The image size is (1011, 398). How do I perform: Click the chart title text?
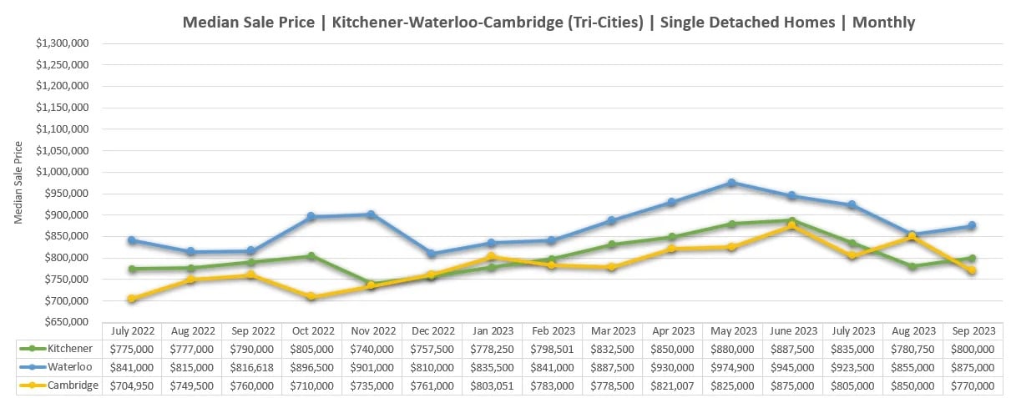548,23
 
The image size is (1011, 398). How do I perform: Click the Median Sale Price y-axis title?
19,183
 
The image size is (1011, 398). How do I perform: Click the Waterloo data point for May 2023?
731,182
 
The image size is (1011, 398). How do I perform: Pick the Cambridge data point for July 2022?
131,299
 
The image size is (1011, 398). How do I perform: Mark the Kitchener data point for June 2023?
791,221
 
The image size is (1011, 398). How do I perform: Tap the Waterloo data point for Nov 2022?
372,214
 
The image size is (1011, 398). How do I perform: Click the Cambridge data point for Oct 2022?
311,296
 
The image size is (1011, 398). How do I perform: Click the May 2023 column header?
732,331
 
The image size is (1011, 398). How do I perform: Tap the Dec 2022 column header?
432,331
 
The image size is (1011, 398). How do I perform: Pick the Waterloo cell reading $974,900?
732,367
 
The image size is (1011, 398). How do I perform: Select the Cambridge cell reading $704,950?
131,385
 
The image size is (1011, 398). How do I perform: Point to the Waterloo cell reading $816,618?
251,367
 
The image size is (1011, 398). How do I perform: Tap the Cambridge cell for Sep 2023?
973,385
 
